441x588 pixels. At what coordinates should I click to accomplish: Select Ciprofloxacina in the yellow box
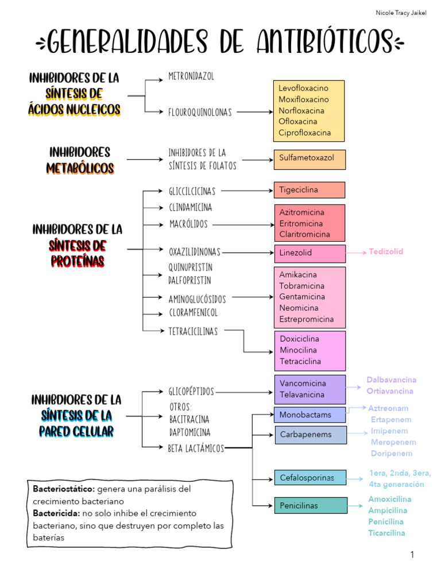click(305, 133)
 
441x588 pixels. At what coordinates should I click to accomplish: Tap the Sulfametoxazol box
click(309, 159)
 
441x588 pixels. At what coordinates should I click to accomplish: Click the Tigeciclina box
click(309, 190)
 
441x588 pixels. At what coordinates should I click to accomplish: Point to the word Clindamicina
click(190, 207)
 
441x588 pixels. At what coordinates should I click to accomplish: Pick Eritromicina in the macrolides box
click(301, 223)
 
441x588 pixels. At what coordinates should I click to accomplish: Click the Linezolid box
click(309, 253)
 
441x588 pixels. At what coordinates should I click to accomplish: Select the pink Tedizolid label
click(386, 252)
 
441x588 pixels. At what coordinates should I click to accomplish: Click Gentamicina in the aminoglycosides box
click(302, 297)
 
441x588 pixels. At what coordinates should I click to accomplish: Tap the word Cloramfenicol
click(193, 313)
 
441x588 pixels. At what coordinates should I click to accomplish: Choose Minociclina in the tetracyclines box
click(298, 350)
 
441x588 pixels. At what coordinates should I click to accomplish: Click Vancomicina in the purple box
click(303, 383)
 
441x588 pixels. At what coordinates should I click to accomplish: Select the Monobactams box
click(309, 415)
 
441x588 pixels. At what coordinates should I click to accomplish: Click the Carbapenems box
click(310, 435)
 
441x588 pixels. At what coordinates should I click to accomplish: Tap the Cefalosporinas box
click(310, 477)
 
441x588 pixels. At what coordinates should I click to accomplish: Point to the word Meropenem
click(393, 442)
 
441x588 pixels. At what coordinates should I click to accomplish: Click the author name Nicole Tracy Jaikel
click(401, 13)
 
